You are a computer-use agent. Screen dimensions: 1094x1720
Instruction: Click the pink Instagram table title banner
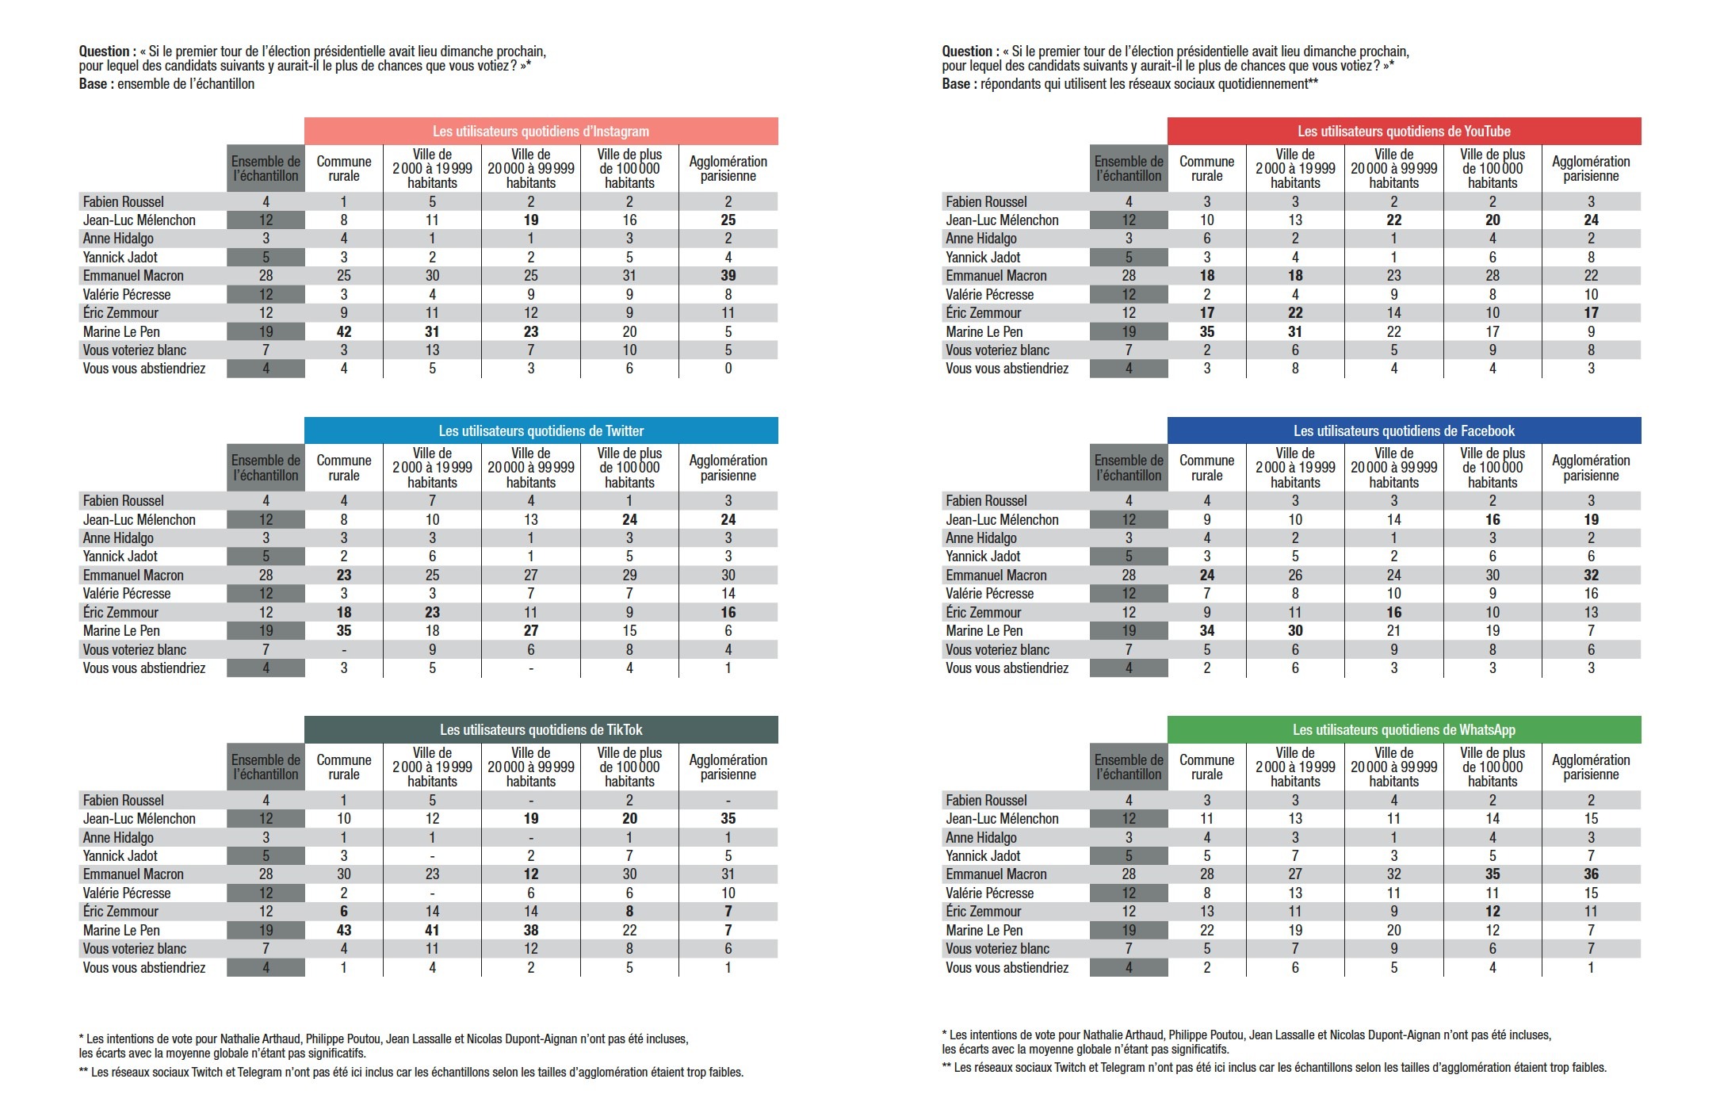pos(541,132)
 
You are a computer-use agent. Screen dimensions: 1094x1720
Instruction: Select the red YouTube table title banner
pos(1404,132)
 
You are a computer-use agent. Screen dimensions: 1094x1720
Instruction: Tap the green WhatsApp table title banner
pos(1404,730)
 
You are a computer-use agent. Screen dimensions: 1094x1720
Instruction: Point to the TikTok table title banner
pos(541,730)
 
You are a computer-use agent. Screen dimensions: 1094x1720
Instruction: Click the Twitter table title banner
pos(541,431)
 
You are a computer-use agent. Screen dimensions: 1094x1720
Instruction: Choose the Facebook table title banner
pos(1404,431)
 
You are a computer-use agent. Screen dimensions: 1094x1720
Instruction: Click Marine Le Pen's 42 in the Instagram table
pos(344,332)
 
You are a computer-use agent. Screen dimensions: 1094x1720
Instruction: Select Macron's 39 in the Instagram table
pos(728,276)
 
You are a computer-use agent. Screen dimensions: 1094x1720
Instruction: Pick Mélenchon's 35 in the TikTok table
pos(728,819)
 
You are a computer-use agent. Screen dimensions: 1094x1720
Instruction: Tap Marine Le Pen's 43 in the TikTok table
pos(344,931)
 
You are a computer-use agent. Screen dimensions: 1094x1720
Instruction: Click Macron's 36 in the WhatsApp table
pos(1591,874)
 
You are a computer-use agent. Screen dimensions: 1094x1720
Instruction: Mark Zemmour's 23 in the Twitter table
pos(432,613)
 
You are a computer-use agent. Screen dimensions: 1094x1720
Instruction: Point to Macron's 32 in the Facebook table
pos(1591,576)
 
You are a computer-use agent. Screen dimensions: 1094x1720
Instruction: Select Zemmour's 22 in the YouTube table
pos(1295,313)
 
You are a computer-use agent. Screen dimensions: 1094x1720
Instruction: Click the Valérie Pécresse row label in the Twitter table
pos(127,594)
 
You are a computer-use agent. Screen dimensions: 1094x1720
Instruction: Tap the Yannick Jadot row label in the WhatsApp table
pos(983,856)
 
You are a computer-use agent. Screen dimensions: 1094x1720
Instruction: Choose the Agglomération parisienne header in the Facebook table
pos(1591,468)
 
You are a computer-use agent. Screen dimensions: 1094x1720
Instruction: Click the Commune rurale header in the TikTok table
pos(344,767)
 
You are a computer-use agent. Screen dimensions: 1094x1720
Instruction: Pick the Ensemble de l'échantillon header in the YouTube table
pos(1129,169)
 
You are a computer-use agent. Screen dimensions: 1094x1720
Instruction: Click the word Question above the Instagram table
pos(106,52)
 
